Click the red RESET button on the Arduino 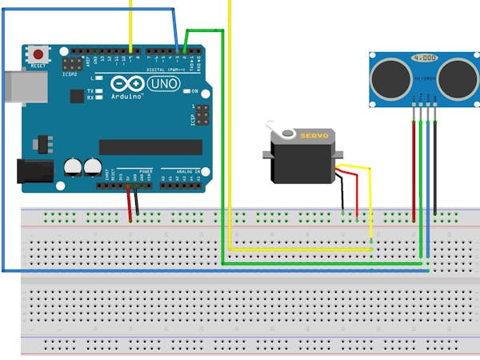click(38, 54)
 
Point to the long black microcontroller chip click(150, 147)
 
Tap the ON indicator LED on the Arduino click(186, 92)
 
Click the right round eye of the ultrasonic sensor click(454, 78)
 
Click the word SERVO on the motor click(313, 136)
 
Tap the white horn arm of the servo click(276, 128)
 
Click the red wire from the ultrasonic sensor click(414, 168)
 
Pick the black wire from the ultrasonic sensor click(435, 168)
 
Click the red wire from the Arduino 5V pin click(129, 204)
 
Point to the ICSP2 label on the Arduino click(70, 74)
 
